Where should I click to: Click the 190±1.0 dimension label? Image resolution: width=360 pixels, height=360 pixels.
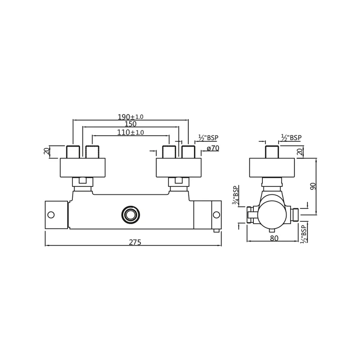130,117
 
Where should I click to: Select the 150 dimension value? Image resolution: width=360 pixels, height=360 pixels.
130,124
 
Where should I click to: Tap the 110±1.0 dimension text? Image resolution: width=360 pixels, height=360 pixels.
130,132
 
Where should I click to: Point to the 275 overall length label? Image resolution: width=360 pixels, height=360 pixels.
135,242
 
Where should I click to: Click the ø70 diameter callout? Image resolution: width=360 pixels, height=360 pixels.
213,148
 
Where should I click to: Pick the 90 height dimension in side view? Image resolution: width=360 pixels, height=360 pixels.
313,186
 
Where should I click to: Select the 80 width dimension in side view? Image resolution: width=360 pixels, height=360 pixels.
274,238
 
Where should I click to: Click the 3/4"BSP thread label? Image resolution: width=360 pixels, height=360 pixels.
235,195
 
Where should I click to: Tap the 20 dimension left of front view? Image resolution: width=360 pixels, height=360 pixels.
47,151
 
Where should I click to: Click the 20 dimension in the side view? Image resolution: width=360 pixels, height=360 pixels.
300,152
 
